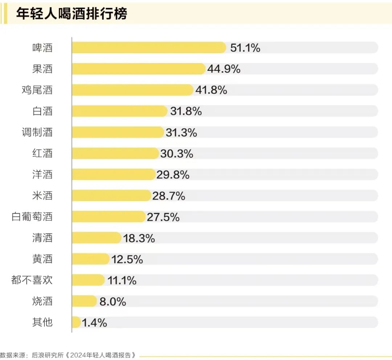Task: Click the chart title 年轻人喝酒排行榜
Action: [72, 14]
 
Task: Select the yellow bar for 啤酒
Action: [149, 48]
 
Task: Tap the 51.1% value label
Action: [245, 48]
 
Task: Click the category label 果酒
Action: [42, 69]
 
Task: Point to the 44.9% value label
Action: [224, 69]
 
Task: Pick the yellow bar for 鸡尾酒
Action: [132, 90]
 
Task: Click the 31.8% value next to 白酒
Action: [186, 111]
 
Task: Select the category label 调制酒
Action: [37, 132]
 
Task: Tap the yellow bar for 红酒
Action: [115, 153]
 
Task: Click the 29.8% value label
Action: [173, 175]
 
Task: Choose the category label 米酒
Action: [42, 196]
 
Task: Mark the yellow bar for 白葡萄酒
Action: [109, 217]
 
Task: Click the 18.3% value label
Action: [139, 238]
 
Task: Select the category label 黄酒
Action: [42, 259]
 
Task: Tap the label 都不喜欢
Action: [32, 280]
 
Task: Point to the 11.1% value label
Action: [122, 280]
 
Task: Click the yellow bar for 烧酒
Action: [84, 301]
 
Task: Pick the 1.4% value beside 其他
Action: [94, 322]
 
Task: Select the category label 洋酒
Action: [42, 175]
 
